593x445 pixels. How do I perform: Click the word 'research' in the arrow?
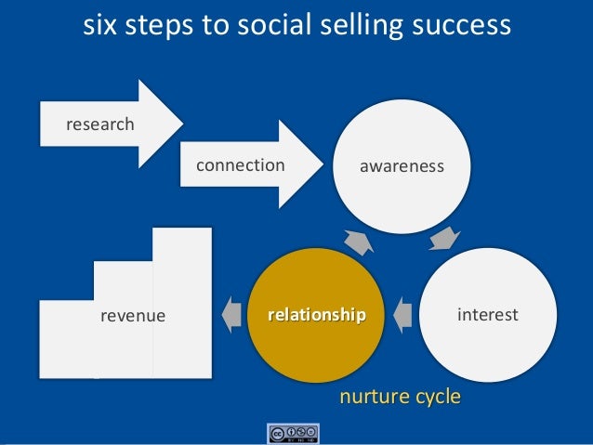tap(99, 124)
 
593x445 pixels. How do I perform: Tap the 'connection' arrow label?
tap(240, 165)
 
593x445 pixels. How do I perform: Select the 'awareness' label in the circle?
tap(402, 166)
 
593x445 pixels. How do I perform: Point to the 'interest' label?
tap(488, 316)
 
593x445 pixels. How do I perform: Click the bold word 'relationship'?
tap(317, 316)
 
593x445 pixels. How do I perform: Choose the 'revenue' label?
tap(132, 316)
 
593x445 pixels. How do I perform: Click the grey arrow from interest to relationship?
tap(402, 315)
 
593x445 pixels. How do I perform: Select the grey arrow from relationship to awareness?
tap(358, 241)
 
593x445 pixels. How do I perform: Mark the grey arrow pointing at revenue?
tap(230, 315)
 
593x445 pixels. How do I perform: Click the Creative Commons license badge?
tap(293, 433)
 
